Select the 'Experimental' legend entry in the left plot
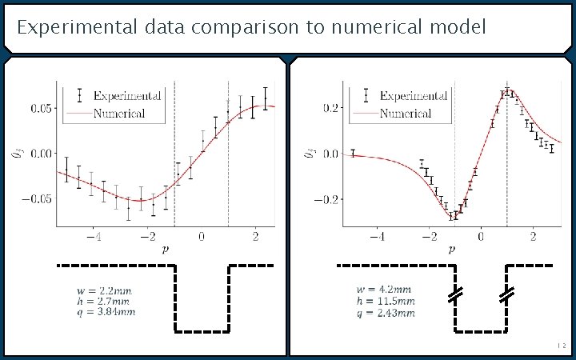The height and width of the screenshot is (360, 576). click(x=127, y=95)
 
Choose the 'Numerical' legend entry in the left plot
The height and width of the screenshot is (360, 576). click(x=118, y=113)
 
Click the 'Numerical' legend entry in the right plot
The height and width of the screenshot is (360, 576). click(x=405, y=113)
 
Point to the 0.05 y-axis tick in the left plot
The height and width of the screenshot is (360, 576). click(x=42, y=107)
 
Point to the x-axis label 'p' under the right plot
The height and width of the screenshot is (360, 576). click(x=452, y=249)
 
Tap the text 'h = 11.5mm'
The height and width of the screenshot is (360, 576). click(x=386, y=301)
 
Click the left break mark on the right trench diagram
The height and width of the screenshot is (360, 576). click(x=455, y=295)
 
